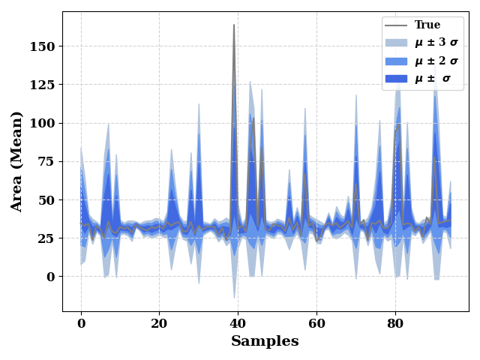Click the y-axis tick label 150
tap(42, 46)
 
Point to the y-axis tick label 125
tap(42, 85)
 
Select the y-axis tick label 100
tap(42, 123)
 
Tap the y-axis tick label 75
tap(46, 162)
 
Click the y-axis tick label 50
tap(46, 200)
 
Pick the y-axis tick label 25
tap(46, 238)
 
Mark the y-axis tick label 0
tap(51, 277)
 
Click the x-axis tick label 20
tap(159, 323)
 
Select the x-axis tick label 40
tap(238, 323)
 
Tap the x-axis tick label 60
tap(316, 323)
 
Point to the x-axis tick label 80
tap(395, 323)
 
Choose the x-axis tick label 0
tap(81, 323)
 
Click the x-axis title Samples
tap(265, 341)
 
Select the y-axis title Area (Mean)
tap(16, 162)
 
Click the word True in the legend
tap(427, 25)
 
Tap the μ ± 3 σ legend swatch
tap(396, 43)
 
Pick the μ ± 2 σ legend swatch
tap(396, 61)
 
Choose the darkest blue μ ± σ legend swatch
tap(396, 79)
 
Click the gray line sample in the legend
tap(396, 25)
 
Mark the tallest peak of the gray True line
tap(234, 25)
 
